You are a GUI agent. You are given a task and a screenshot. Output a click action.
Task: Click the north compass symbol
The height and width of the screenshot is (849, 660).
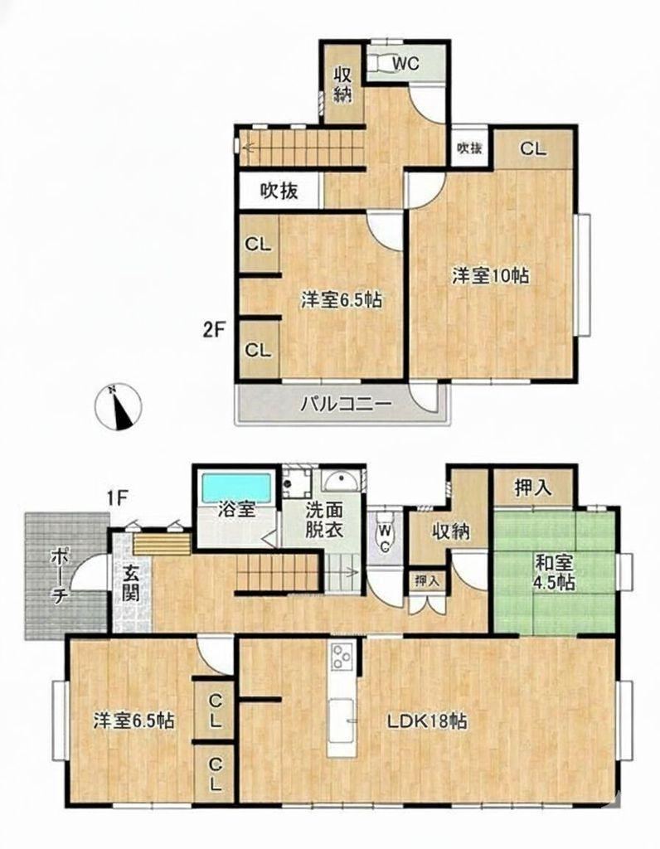(x=118, y=406)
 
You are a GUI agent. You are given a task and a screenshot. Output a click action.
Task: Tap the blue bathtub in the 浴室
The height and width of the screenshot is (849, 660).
(x=236, y=488)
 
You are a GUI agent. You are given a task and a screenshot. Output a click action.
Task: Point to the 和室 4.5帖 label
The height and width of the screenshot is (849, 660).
(x=555, y=572)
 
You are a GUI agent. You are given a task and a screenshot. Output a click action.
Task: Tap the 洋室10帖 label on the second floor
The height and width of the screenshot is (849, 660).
(x=491, y=275)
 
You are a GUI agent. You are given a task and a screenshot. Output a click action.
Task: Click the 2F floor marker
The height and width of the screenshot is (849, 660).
(x=214, y=330)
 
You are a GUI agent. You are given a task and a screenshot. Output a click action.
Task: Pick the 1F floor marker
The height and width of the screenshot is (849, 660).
(x=116, y=497)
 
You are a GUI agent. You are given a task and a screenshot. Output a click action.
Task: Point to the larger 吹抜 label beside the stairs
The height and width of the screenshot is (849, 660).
(x=279, y=191)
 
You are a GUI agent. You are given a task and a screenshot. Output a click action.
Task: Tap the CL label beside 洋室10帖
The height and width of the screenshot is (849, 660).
(x=533, y=148)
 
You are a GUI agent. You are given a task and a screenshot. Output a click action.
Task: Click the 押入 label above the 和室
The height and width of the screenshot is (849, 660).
(x=533, y=488)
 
